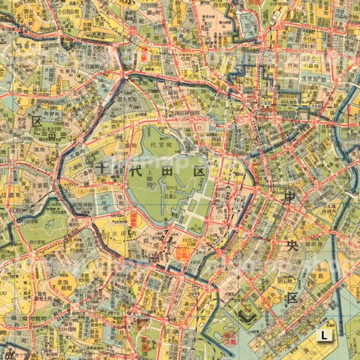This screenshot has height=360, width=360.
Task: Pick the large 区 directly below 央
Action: pyautogui.click(x=292, y=298)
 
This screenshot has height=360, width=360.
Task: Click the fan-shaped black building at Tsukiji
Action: pyautogui.click(x=247, y=310)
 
